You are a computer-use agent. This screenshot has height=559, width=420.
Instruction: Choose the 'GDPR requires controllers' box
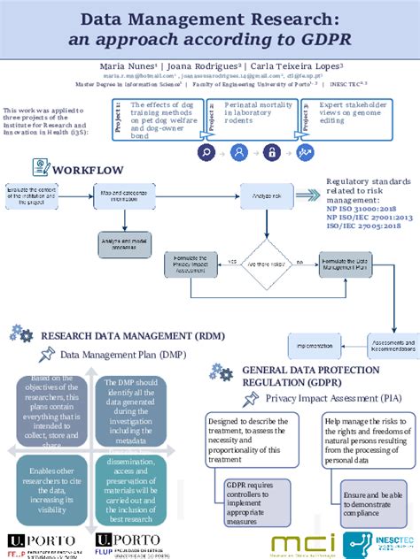click(251, 502)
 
